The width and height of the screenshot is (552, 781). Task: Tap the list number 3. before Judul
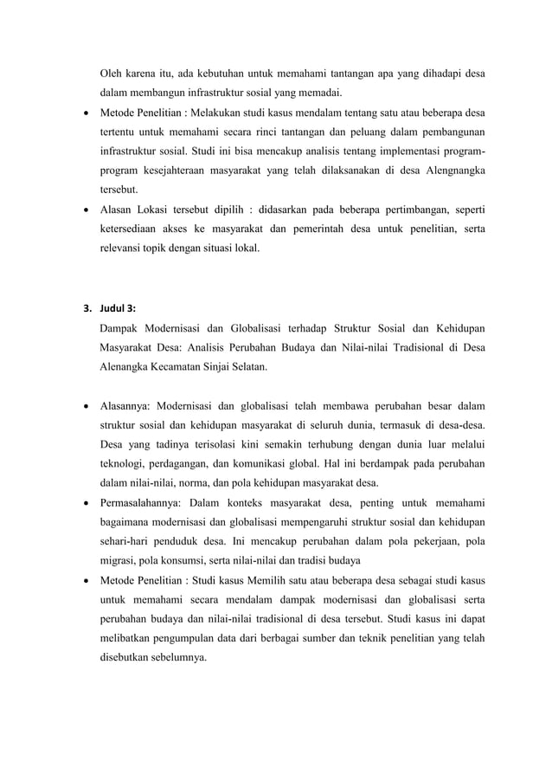[87, 309]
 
